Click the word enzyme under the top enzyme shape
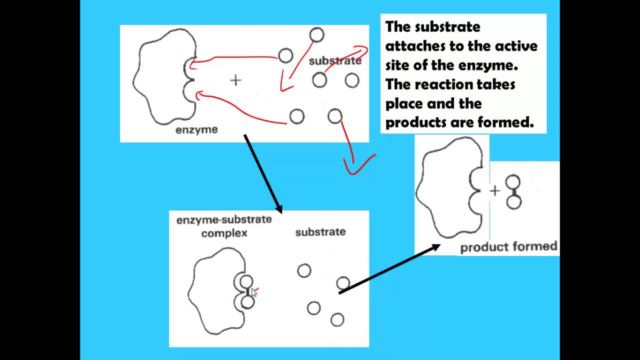pos(196,130)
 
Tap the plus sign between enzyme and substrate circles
pos(235,80)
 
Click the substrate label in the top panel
pos(335,61)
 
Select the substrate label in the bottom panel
pos(320,232)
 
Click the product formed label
pos(508,247)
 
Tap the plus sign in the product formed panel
pos(494,190)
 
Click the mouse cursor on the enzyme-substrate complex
pos(254,293)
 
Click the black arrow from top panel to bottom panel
pos(263,173)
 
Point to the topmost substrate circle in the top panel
pos(316,35)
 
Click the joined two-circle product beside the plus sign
pos(513,192)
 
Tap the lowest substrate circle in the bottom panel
pos(337,319)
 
